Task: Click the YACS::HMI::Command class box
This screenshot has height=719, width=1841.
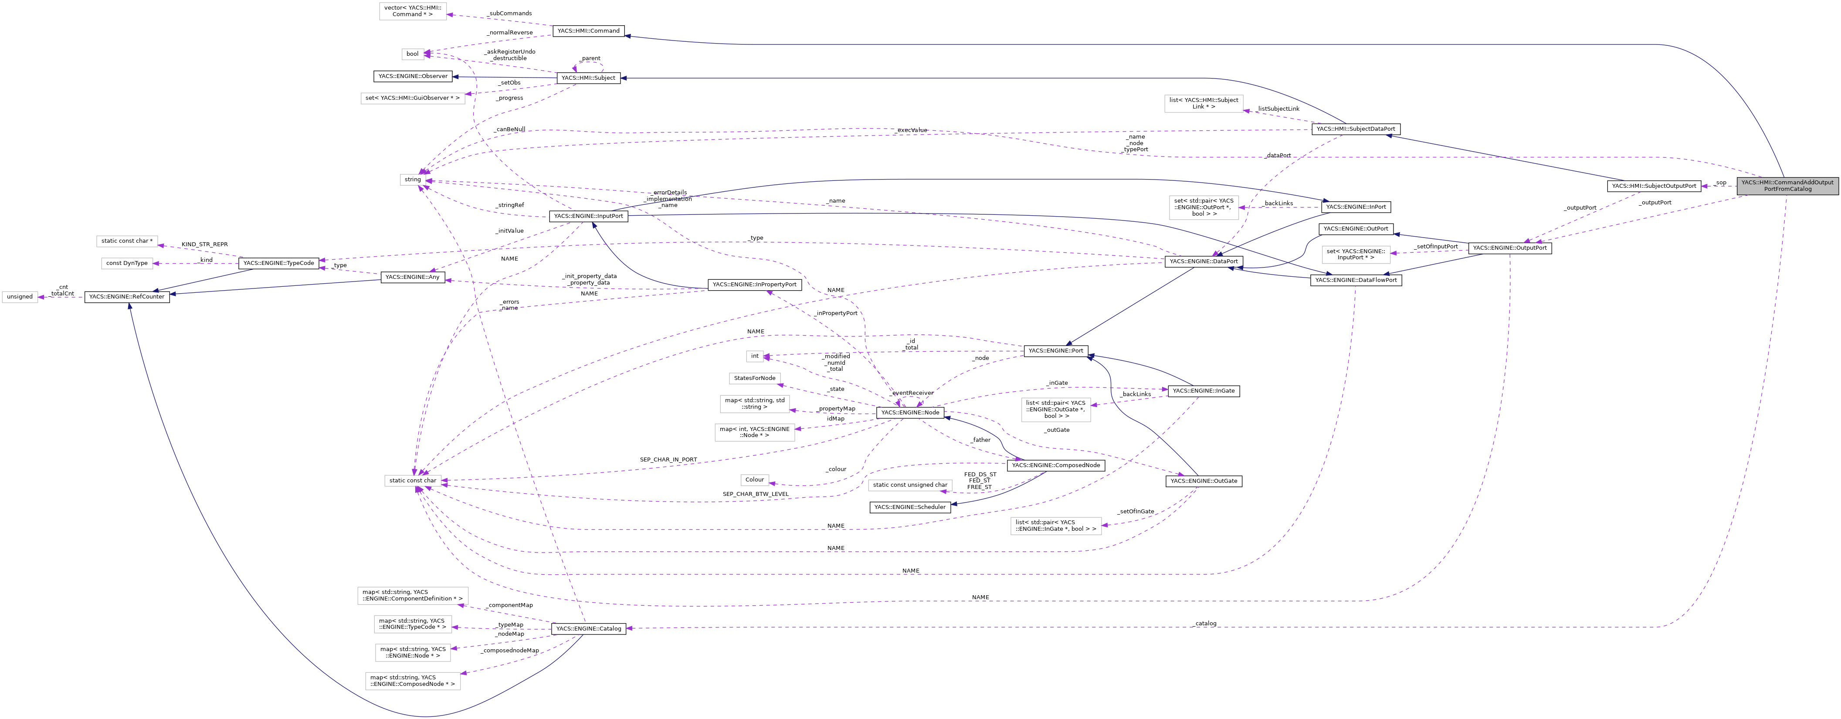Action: coord(588,31)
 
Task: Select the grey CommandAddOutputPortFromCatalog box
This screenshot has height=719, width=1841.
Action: coord(1787,186)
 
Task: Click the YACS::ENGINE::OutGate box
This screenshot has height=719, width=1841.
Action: coord(1203,481)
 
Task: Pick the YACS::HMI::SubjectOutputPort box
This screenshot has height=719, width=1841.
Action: coord(1653,186)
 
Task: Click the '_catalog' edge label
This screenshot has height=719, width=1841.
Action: coord(1204,623)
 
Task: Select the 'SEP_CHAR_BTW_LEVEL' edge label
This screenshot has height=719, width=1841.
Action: coord(756,494)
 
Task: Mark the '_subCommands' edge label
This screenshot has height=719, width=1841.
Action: coord(509,14)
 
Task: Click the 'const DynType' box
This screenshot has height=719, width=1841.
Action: coord(126,263)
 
